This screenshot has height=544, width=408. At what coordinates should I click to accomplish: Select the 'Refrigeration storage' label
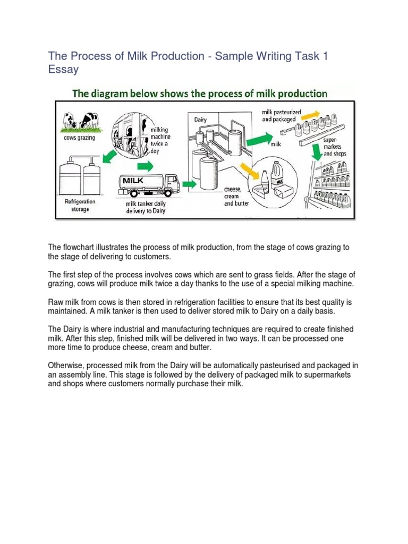[x=80, y=205]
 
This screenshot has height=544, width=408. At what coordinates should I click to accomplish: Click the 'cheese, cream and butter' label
[x=236, y=196]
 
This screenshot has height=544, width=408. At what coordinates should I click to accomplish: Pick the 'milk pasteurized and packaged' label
[x=280, y=116]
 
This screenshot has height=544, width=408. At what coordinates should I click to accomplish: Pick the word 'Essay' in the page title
[x=64, y=69]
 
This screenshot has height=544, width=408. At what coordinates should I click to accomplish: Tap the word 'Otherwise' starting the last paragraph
[x=65, y=366]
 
